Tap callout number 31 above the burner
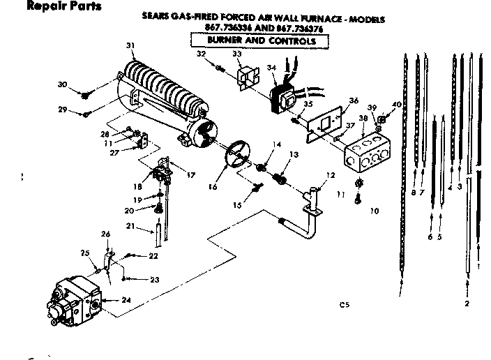pos(130,46)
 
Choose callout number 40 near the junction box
pos(397,105)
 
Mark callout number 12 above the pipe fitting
pos(331,174)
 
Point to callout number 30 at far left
pos(62,84)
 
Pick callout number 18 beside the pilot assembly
pos(137,188)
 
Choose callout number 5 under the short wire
pos(440,237)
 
